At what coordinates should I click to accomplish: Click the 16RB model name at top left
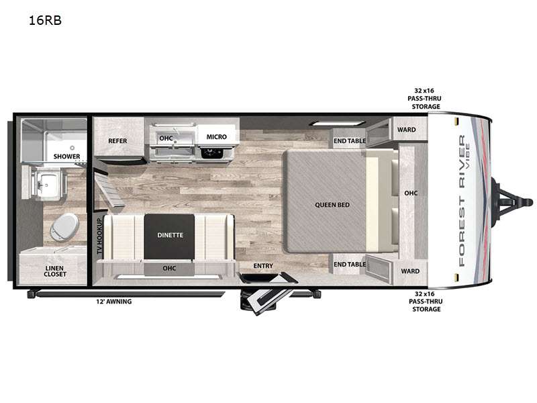click(45, 21)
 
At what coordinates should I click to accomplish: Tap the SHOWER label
click(66, 156)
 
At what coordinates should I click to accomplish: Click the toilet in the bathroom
click(64, 226)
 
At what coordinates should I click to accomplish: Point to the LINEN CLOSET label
click(55, 271)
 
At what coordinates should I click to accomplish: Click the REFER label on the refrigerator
click(117, 141)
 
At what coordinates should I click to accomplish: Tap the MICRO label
click(216, 137)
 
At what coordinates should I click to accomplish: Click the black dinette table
click(170, 236)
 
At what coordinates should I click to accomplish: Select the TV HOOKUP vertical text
click(99, 236)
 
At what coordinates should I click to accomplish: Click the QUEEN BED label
click(332, 205)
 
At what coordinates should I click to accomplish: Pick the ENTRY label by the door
click(263, 265)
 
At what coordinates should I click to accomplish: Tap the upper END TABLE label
click(350, 141)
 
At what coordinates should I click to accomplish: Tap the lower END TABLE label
click(350, 264)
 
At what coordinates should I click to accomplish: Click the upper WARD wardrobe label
click(407, 130)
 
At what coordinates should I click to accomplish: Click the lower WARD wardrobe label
click(410, 271)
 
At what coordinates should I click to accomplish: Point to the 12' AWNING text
click(113, 302)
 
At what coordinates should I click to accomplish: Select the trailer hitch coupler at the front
click(513, 201)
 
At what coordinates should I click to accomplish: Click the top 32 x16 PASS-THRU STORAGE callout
click(425, 99)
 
